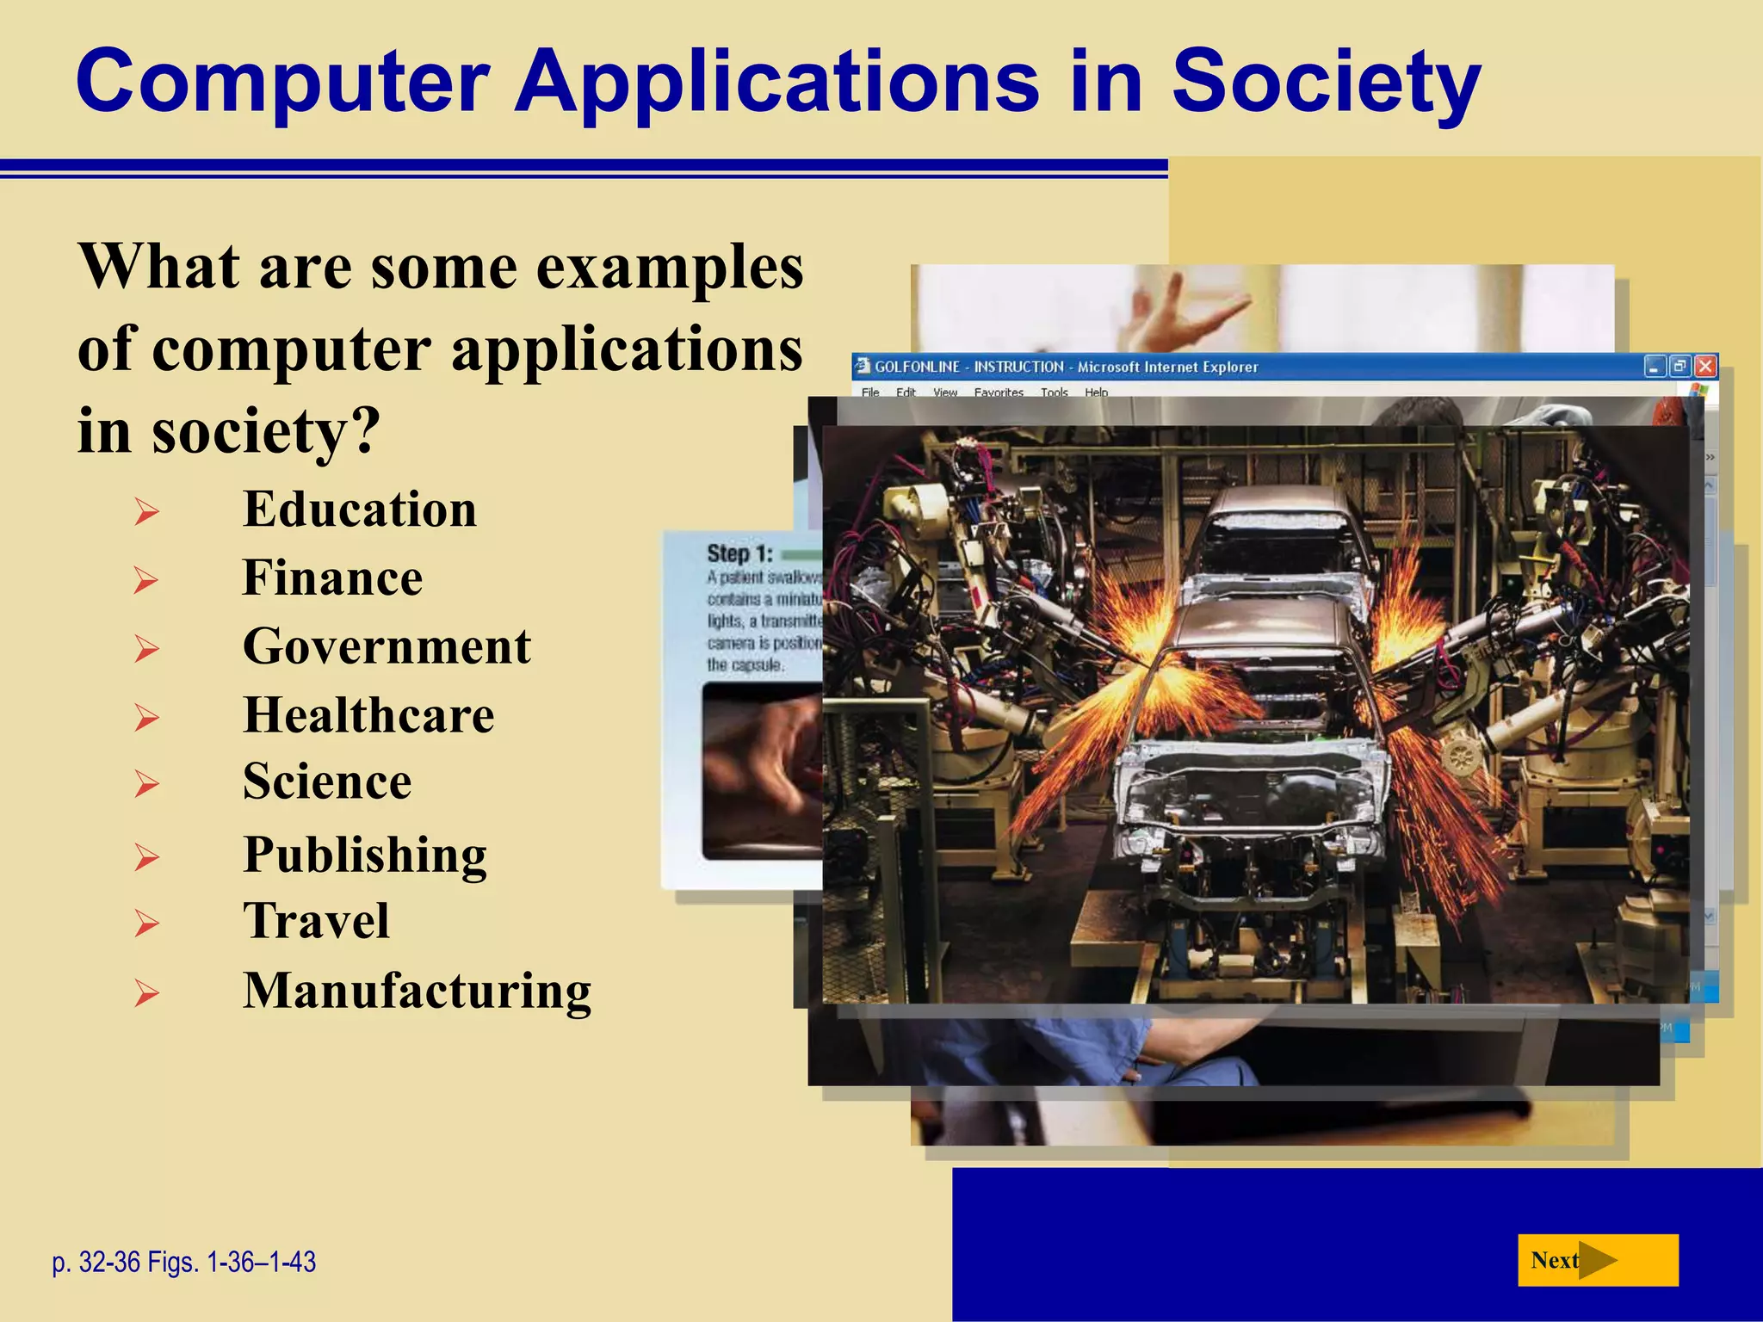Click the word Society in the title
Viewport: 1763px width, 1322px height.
point(1326,82)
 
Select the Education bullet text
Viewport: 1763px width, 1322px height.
point(359,509)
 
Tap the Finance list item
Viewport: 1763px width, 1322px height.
point(332,578)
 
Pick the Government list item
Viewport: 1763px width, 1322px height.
point(387,646)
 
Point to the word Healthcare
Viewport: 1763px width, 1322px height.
point(368,715)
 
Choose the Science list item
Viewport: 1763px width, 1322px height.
point(327,781)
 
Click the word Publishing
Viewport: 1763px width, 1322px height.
point(365,855)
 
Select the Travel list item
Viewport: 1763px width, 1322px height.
point(316,921)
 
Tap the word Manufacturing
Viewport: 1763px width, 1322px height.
point(417,991)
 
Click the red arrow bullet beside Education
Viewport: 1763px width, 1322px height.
point(146,513)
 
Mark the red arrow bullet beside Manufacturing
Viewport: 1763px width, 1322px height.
point(146,995)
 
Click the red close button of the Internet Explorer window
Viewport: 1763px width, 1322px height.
point(1705,367)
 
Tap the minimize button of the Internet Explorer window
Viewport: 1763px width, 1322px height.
point(1655,367)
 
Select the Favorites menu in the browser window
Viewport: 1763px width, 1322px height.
point(999,392)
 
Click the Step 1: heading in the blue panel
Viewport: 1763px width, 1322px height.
point(739,553)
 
